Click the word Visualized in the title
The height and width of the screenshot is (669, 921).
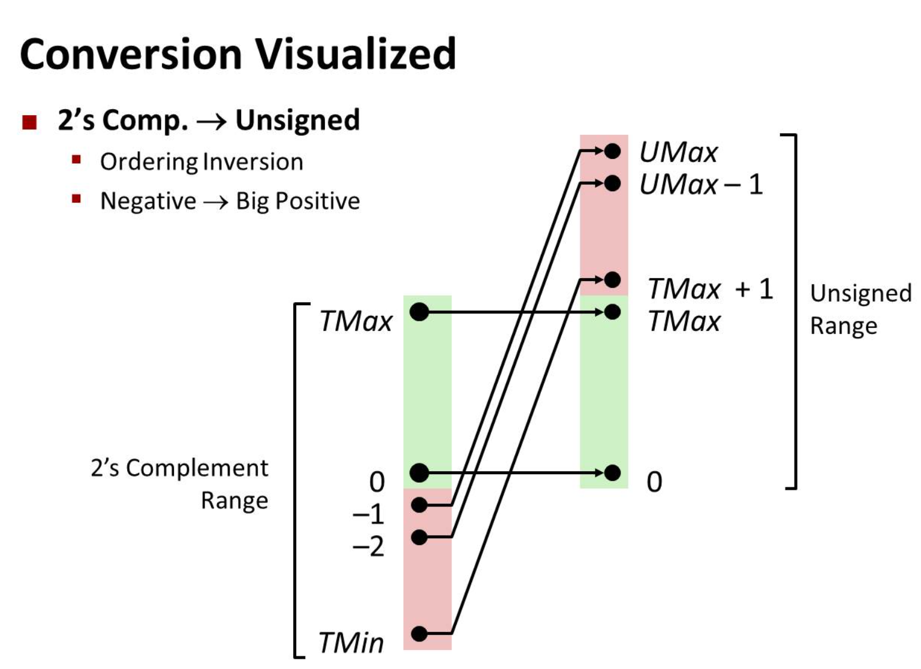tap(356, 54)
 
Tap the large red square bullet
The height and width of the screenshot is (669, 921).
tap(29, 122)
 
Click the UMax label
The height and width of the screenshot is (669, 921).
tap(678, 152)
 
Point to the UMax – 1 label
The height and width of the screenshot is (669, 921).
tap(701, 184)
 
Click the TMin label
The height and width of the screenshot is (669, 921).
tap(351, 643)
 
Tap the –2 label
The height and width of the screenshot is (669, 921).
tap(368, 546)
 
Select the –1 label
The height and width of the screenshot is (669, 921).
tap(368, 514)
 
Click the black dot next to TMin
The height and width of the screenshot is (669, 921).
tap(420, 633)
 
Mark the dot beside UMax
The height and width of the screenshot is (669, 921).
tap(612, 151)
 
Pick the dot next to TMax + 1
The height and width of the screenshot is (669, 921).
tap(612, 279)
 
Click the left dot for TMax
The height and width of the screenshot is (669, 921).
tap(419, 312)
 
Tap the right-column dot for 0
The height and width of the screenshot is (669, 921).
tap(612, 473)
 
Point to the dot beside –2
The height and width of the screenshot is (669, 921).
tap(420, 537)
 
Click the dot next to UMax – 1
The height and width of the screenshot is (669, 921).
tap(612, 182)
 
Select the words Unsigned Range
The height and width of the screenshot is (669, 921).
tap(860, 309)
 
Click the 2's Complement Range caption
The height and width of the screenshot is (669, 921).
tap(180, 484)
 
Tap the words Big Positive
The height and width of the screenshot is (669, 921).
tap(298, 201)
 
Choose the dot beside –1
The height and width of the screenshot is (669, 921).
tap(420, 505)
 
